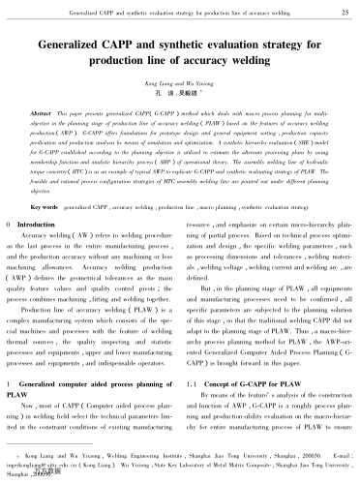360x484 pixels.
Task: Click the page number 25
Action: (x=333, y=12)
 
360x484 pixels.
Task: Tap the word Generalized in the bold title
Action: (x=72, y=45)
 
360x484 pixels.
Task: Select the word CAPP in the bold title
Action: (x=125, y=45)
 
